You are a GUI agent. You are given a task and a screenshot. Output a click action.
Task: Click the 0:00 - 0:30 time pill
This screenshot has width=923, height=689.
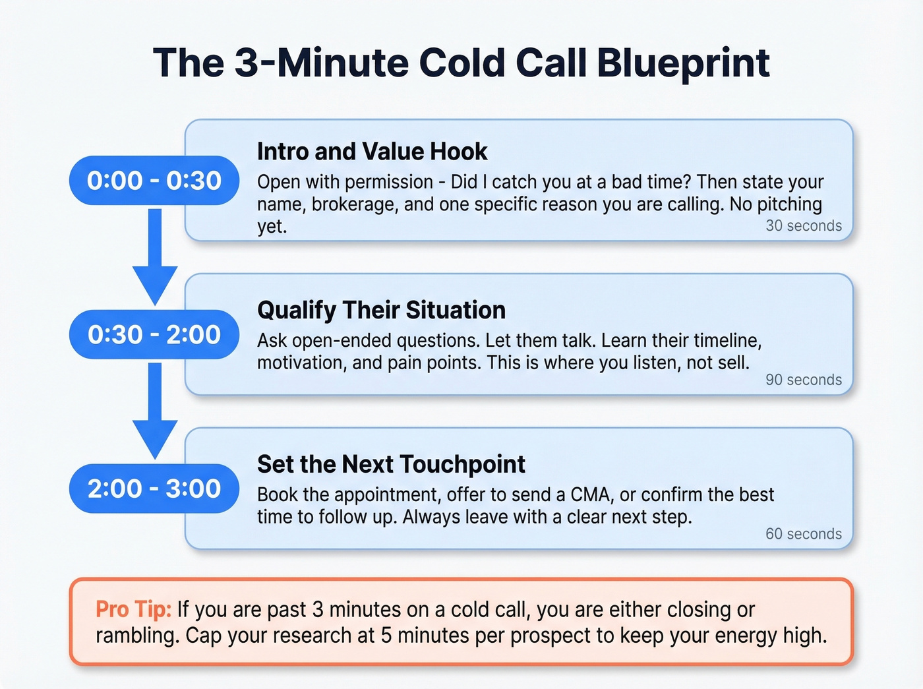click(x=154, y=181)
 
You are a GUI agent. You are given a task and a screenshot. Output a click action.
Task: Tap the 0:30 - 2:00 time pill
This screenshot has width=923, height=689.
click(x=154, y=335)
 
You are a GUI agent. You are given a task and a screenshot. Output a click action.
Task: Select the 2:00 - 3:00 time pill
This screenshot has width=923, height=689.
click(x=154, y=489)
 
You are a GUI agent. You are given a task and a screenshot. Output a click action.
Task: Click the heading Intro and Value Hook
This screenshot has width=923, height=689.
click(x=372, y=152)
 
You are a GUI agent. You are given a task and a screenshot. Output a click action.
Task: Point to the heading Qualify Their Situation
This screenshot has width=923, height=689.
click(x=381, y=310)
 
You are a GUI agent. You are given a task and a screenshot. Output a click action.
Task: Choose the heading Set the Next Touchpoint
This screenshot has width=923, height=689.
click(x=391, y=464)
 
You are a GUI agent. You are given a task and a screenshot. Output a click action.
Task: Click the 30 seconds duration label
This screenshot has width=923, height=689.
click(x=803, y=225)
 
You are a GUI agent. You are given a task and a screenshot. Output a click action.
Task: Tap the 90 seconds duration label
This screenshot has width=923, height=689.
click(x=803, y=380)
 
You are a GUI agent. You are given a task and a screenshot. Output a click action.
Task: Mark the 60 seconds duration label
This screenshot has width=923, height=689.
click(x=803, y=534)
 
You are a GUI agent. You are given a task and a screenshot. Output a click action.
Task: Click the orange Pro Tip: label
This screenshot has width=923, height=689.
click(x=133, y=609)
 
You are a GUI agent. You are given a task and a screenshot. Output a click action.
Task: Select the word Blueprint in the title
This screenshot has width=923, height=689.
click(x=683, y=63)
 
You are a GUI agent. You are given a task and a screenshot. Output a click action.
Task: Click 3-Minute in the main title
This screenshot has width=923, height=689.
click(x=321, y=63)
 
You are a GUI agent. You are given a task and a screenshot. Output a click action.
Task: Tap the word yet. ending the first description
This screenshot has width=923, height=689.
click(x=272, y=226)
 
